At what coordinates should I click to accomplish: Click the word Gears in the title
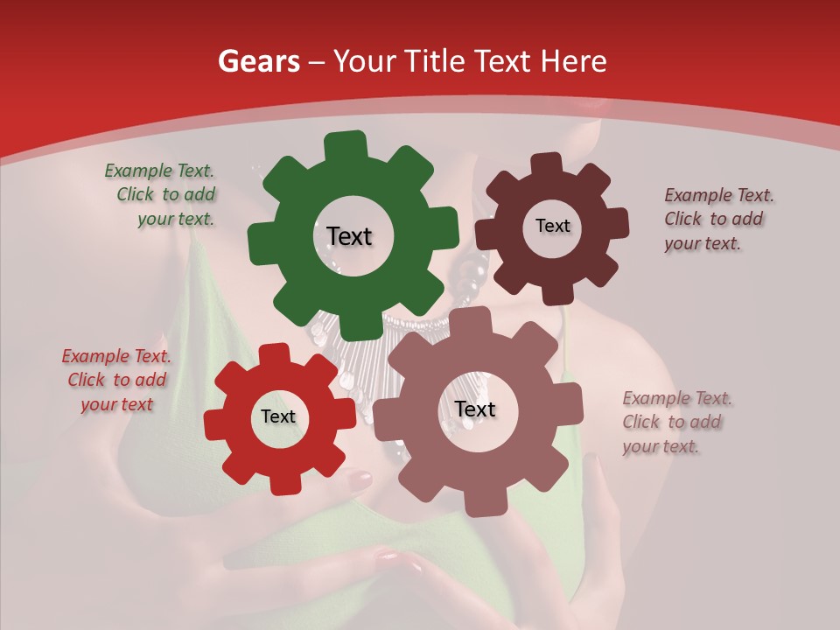(258, 61)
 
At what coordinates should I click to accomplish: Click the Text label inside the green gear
(349, 236)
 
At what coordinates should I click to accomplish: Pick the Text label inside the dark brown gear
(552, 226)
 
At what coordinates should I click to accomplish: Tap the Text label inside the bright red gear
(278, 417)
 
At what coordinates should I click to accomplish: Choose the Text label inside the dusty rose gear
(475, 409)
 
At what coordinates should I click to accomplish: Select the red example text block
(116, 381)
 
